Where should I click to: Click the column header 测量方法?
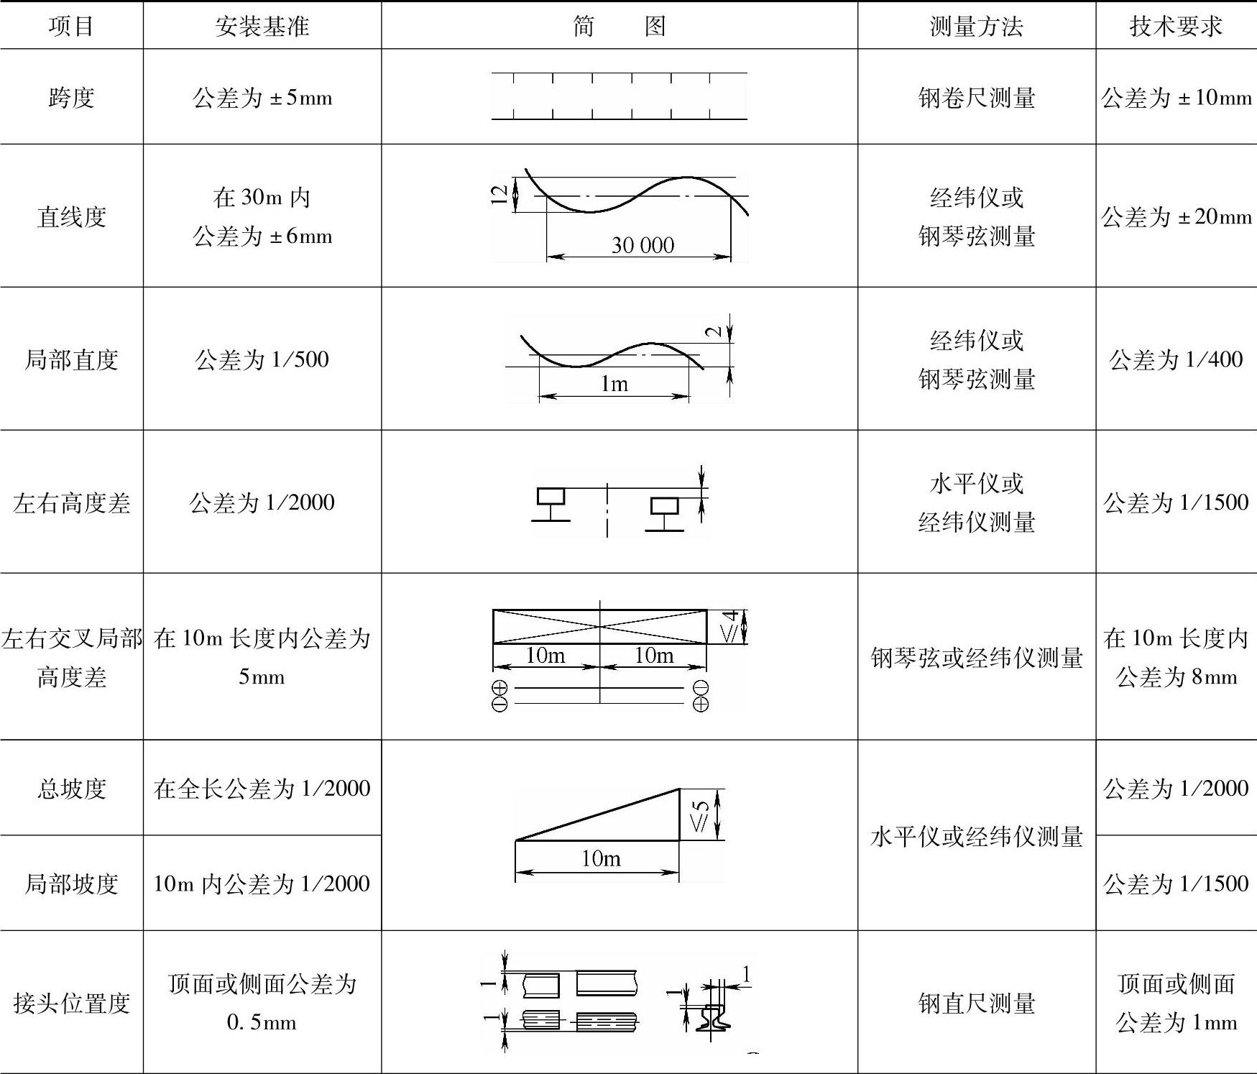[976, 27]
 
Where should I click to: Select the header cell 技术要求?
[1176, 27]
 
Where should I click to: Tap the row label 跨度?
[71, 97]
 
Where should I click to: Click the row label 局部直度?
[71, 359]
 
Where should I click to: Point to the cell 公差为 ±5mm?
[262, 97]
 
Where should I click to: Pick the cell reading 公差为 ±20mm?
[1176, 216]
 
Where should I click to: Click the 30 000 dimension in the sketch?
[643, 245]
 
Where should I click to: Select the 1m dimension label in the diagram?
[614, 384]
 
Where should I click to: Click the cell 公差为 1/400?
[1176, 359]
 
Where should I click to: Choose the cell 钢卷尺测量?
[976, 97]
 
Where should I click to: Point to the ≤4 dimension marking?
[729, 626]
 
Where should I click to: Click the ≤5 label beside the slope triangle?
[701, 815]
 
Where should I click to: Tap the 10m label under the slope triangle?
[601, 858]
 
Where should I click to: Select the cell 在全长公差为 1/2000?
[262, 788]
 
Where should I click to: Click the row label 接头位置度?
[71, 1002]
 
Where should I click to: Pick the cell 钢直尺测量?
[976, 1002]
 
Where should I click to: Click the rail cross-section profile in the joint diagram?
[712, 1014]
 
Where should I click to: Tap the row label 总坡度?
[71, 788]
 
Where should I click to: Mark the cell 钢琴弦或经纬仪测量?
[976, 657]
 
